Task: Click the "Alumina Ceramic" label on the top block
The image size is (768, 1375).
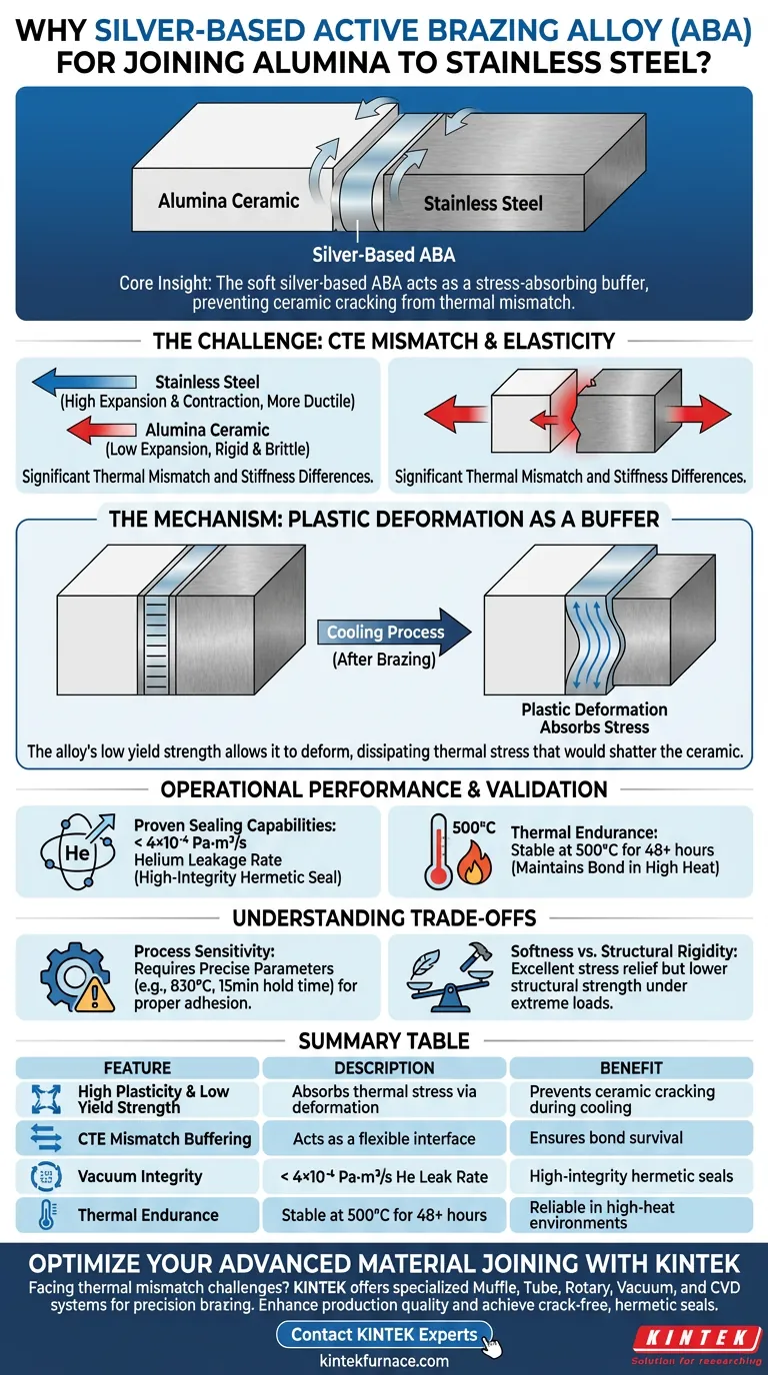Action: [x=228, y=201]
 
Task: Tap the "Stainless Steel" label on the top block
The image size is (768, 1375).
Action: [x=483, y=204]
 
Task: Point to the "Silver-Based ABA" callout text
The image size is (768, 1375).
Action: [x=384, y=254]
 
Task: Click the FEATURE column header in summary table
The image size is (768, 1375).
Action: [x=137, y=1068]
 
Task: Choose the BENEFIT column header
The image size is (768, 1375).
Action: [x=630, y=1068]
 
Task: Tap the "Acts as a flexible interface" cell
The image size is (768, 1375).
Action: [x=384, y=1138]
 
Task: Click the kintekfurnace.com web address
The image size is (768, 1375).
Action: [x=384, y=1360]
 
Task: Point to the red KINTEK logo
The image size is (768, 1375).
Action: [x=685, y=1337]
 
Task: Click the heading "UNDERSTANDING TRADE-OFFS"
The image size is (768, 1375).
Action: [x=384, y=918]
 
